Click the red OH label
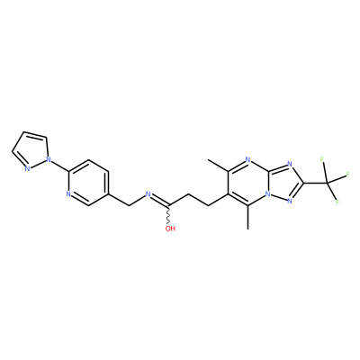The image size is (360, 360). (170, 229)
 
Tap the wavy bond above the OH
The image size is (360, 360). (169, 215)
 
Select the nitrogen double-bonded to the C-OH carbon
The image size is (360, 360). (148, 193)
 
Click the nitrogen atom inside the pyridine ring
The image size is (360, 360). (68, 193)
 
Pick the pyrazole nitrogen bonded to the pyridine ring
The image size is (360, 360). (49, 157)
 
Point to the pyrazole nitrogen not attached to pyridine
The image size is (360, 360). (27, 168)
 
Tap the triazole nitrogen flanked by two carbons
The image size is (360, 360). (290, 164)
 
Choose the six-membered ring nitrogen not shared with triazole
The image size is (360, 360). (247, 159)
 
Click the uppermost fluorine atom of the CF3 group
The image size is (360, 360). (322, 159)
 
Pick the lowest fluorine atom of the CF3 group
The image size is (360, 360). (337, 202)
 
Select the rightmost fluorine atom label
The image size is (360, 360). (348, 174)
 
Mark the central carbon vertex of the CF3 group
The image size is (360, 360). (327, 183)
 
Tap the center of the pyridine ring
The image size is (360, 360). (88, 183)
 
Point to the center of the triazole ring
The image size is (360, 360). (283, 183)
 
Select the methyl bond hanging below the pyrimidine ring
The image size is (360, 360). (247, 217)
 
